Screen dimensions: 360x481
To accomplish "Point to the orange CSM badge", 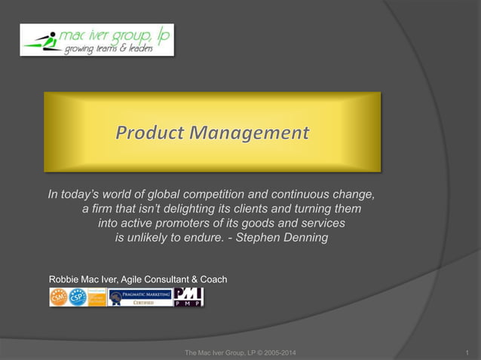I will (x=59, y=297).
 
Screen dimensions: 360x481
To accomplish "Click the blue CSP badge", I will (x=77, y=297).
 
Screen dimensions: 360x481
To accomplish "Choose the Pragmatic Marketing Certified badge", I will (x=139, y=297).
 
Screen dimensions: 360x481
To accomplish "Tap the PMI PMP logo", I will (x=188, y=297).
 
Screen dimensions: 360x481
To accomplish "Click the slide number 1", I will (x=468, y=352).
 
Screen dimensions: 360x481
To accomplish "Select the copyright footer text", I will (x=240, y=352).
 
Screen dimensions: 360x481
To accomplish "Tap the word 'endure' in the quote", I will (x=214, y=238).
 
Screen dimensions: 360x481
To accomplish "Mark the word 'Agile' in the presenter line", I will (x=140, y=279).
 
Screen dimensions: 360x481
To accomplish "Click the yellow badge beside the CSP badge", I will (x=97, y=297).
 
